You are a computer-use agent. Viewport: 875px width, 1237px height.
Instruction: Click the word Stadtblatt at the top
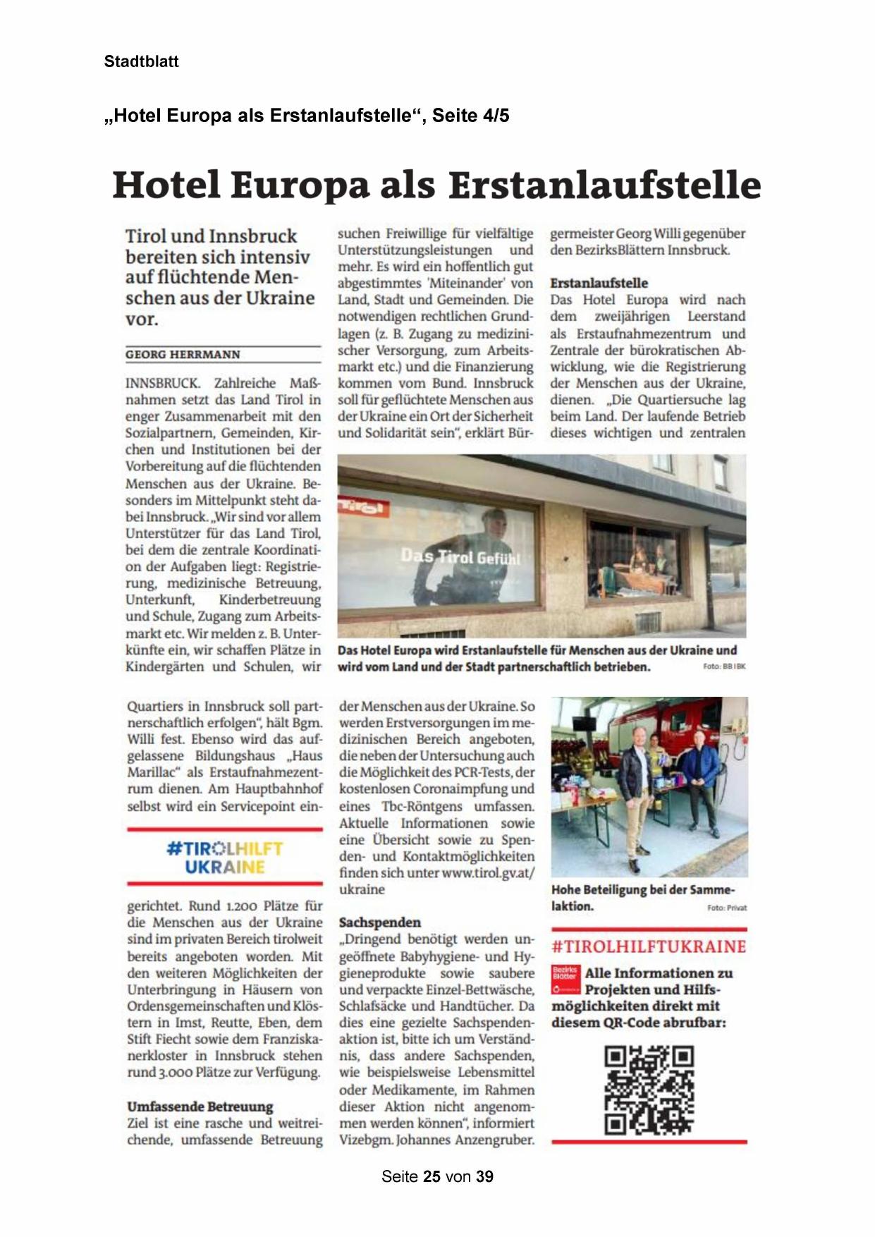coord(141,61)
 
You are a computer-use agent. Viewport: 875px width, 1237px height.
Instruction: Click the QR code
coord(649,1090)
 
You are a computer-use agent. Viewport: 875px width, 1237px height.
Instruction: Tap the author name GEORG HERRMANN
coord(183,355)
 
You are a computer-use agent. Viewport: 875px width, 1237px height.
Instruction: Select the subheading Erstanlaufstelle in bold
coord(599,283)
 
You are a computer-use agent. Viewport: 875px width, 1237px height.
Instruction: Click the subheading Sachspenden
coord(379,922)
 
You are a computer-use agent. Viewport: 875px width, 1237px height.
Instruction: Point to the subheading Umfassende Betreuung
coord(200,1107)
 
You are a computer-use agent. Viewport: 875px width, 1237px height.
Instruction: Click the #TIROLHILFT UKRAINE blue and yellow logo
coord(225,858)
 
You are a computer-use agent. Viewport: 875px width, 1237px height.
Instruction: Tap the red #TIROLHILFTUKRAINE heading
coord(648,946)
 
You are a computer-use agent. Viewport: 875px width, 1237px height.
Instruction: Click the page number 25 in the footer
coord(432,1176)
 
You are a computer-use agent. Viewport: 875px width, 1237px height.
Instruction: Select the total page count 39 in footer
coord(484,1176)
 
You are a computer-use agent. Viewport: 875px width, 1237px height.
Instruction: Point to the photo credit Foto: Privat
coord(727,908)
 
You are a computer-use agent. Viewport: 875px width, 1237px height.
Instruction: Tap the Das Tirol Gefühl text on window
coord(460,556)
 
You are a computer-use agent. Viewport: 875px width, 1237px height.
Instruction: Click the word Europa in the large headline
coord(300,185)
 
